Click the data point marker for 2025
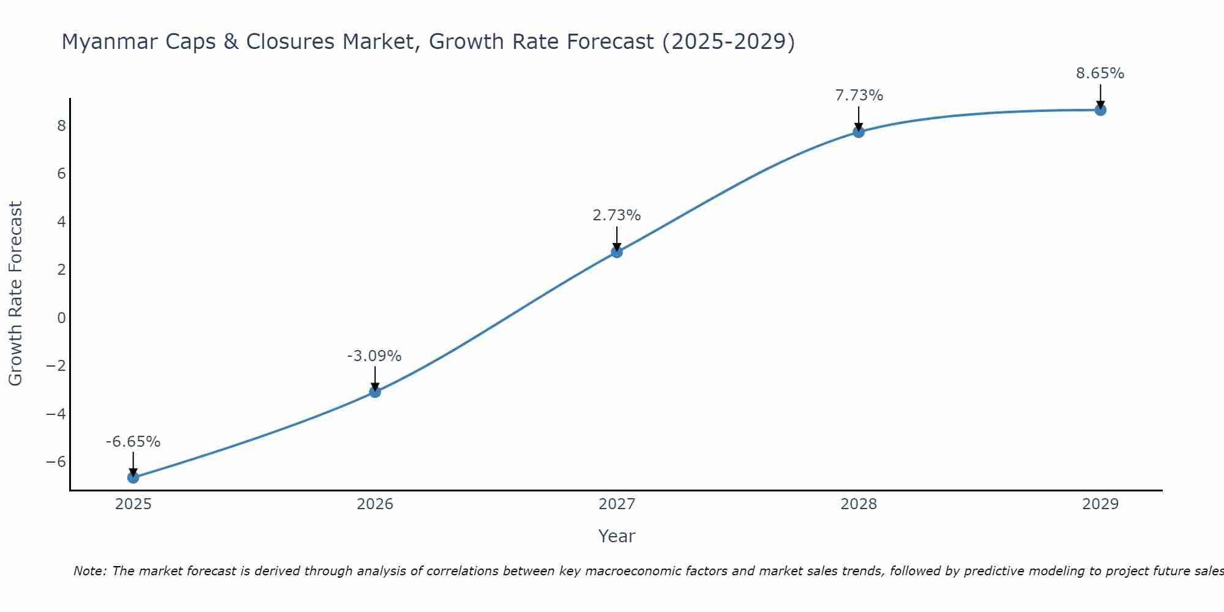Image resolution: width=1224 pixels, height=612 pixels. tap(133, 477)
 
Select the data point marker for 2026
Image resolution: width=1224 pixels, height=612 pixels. tap(375, 392)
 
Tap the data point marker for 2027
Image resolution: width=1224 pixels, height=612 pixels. tap(617, 252)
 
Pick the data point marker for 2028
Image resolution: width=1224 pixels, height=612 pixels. tap(859, 132)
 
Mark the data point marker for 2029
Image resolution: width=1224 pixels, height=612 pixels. tap(1100, 110)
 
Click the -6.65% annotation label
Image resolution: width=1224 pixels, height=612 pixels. tap(133, 442)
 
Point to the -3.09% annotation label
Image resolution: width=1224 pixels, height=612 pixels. tap(375, 356)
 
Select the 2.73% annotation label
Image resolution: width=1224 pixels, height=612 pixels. tap(617, 215)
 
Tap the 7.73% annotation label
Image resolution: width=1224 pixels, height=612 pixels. tap(859, 95)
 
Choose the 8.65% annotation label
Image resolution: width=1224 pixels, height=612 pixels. tap(1100, 73)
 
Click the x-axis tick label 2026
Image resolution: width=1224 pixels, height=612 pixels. tap(375, 504)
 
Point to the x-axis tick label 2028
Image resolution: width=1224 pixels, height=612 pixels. tap(859, 504)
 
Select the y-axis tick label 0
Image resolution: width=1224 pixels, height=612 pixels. tap(61, 318)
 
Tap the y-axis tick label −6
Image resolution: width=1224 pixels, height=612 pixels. tap(56, 462)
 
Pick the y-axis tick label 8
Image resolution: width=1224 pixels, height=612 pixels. tap(61, 126)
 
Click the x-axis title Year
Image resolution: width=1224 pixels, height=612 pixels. tap(617, 536)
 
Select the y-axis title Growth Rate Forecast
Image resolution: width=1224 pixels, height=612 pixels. tap(16, 293)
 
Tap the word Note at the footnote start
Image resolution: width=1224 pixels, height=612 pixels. tap(90, 571)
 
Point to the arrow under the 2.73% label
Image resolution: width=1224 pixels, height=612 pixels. tap(617, 239)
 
